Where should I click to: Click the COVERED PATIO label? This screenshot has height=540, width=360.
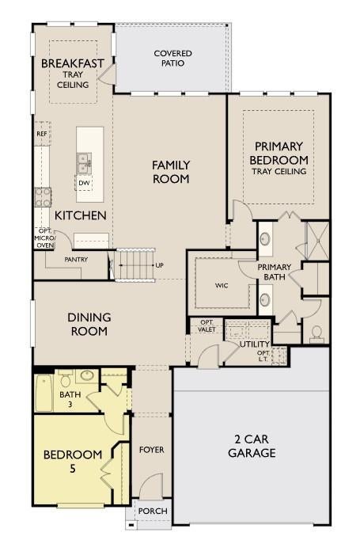tap(172, 59)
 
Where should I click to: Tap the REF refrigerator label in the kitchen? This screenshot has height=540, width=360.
tap(42, 134)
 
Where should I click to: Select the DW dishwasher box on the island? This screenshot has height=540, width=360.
tap(84, 183)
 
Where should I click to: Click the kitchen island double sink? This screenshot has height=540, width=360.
tap(84, 163)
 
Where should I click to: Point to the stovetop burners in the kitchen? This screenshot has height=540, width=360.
tap(43, 197)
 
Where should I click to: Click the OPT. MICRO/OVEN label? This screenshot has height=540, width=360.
tap(45, 238)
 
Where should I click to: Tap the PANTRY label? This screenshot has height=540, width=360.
tap(76, 260)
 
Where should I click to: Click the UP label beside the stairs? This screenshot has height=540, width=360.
tap(160, 265)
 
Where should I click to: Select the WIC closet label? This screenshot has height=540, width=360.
tap(222, 286)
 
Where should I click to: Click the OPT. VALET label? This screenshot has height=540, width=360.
tap(207, 325)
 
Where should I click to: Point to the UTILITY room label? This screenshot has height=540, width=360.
tap(255, 344)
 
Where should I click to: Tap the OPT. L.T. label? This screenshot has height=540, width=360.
tap(263, 356)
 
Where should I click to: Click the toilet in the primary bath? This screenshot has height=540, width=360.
tap(316, 334)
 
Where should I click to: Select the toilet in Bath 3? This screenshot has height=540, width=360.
tap(65, 379)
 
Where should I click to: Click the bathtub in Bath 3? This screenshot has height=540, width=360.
tap(44, 393)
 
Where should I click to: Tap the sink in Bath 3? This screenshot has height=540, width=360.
tap(87, 375)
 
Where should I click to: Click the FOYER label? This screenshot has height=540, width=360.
tap(151, 450)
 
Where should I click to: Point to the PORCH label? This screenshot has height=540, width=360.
tap(153, 511)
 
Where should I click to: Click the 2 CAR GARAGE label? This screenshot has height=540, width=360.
tap(252, 446)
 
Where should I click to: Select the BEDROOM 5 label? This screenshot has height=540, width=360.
tap(73, 462)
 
